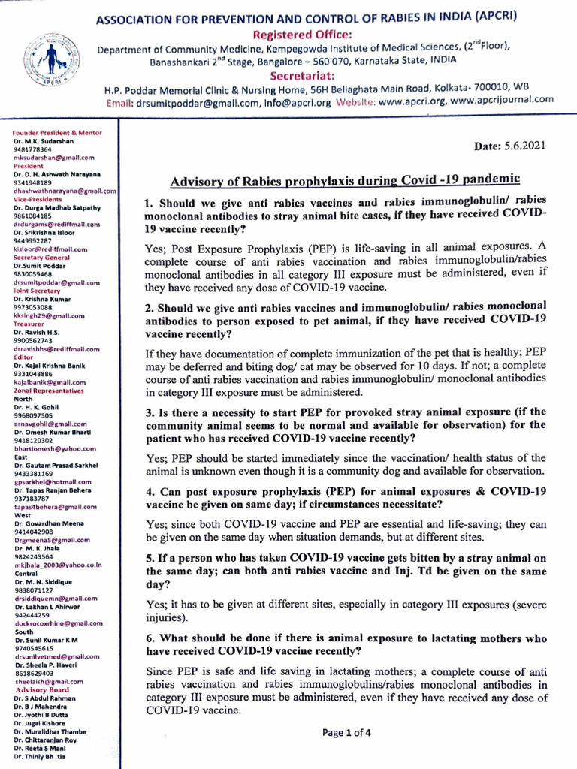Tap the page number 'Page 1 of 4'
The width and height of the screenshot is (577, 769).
(x=344, y=733)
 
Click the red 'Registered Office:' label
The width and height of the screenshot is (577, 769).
(x=307, y=35)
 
